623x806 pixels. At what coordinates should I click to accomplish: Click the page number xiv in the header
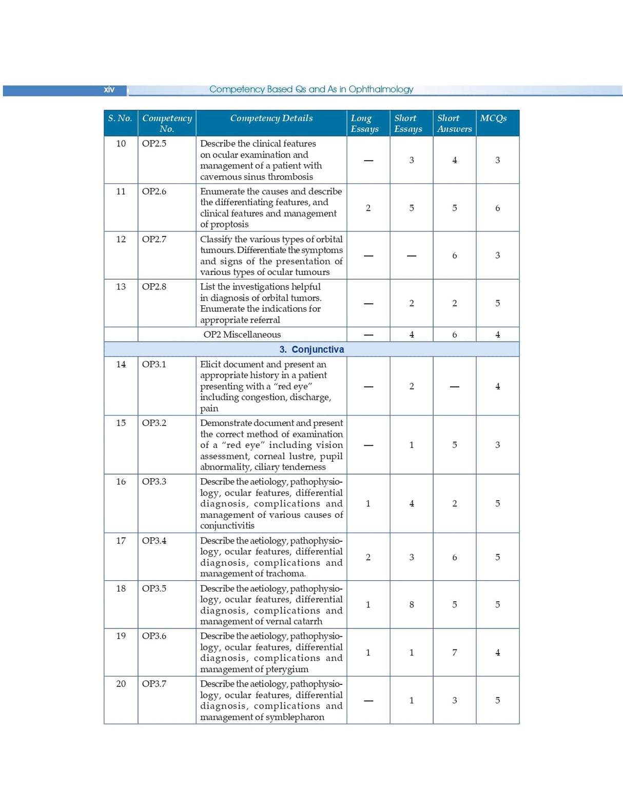pyautogui.click(x=109, y=90)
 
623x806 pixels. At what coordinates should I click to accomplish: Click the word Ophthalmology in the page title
pyautogui.click(x=381, y=89)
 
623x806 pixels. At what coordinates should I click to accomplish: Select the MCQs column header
pyautogui.click(x=493, y=118)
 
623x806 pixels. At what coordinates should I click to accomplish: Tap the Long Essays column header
pyautogui.click(x=364, y=123)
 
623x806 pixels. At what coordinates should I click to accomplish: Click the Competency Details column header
pyautogui.click(x=271, y=118)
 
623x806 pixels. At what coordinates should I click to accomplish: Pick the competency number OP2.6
pyautogui.click(x=154, y=191)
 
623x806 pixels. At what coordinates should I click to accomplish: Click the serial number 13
pyautogui.click(x=121, y=287)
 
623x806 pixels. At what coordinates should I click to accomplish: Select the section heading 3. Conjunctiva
pyautogui.click(x=311, y=349)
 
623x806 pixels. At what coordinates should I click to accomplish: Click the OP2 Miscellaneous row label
pyautogui.click(x=242, y=335)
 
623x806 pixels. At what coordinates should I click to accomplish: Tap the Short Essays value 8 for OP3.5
pyautogui.click(x=412, y=605)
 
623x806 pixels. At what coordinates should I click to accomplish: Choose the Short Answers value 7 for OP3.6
pyautogui.click(x=454, y=653)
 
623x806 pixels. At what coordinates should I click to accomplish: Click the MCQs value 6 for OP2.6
pyautogui.click(x=497, y=208)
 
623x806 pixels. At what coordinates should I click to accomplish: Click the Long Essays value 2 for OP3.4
pyautogui.click(x=368, y=557)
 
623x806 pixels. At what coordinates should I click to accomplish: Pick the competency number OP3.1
pyautogui.click(x=154, y=364)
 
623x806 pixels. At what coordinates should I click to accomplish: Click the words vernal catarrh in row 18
pyautogui.click(x=293, y=621)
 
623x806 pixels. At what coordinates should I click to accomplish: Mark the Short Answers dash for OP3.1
pyautogui.click(x=454, y=387)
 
